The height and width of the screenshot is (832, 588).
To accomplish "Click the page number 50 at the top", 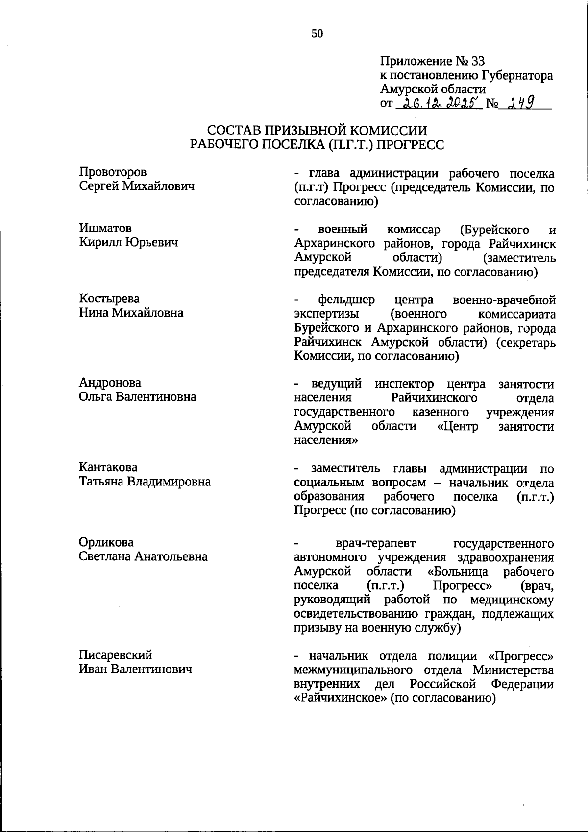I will (317, 33).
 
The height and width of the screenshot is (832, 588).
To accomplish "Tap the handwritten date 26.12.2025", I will (440, 103).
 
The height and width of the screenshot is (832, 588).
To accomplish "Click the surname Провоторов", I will (113, 172).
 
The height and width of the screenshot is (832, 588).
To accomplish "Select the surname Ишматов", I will (105, 228).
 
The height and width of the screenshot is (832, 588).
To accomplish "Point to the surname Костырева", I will (109, 299).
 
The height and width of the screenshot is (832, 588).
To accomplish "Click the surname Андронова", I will (110, 383).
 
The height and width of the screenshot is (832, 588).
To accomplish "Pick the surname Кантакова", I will (108, 467).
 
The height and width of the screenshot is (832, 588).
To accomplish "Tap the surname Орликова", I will (106, 542).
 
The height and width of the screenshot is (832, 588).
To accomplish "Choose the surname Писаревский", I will (116, 655).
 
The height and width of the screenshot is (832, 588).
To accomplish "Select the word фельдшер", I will (346, 299).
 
